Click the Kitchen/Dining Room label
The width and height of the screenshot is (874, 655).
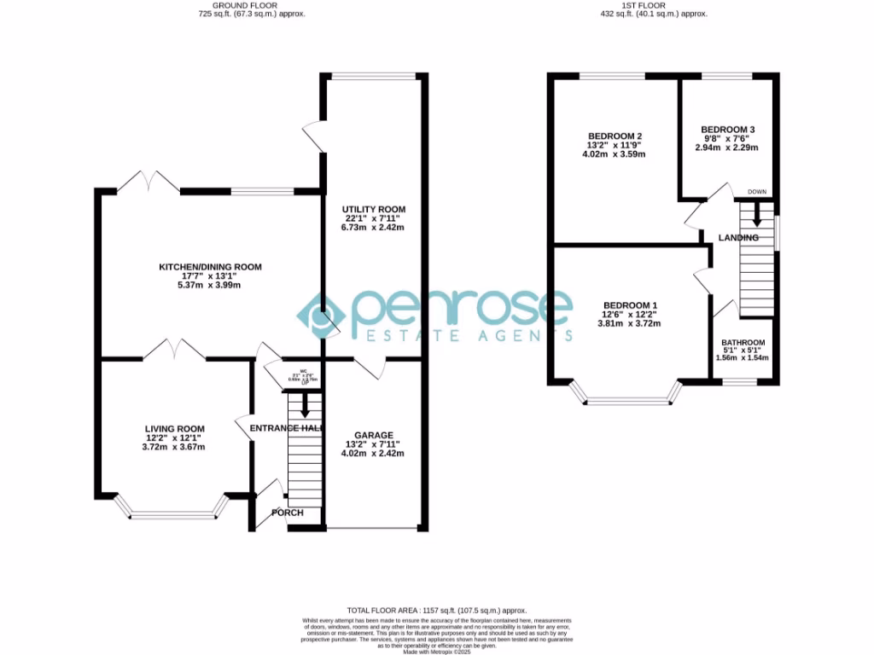point(210,267)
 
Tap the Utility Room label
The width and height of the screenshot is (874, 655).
point(373,209)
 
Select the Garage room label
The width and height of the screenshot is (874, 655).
point(373,435)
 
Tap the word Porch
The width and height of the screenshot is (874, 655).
point(286,513)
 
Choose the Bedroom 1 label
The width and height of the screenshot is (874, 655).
point(630,305)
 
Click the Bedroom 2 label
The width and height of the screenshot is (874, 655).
point(615,136)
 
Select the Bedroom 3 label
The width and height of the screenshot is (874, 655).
point(728,130)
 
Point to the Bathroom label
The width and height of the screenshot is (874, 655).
point(743,342)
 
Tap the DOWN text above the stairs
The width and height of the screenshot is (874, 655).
point(756,192)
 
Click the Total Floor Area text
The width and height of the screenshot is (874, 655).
point(436,611)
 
